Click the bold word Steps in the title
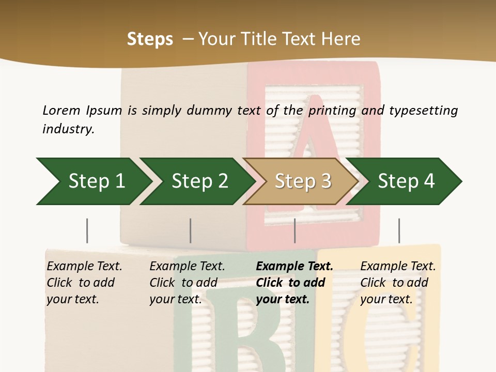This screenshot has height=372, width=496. [x=150, y=39]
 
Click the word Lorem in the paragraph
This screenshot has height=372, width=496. [x=61, y=110]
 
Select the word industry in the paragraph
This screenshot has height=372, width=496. [x=68, y=129]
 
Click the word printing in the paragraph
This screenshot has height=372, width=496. [x=331, y=110]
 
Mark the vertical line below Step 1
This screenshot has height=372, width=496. [x=87, y=230]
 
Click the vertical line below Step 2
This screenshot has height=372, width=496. [x=191, y=230]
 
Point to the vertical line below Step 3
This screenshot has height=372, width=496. [x=295, y=230]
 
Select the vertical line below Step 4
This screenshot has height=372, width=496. [x=399, y=230]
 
